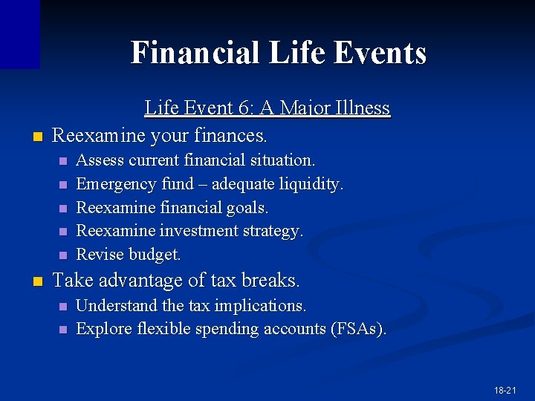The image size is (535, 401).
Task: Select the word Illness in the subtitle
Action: [x=361, y=108]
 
